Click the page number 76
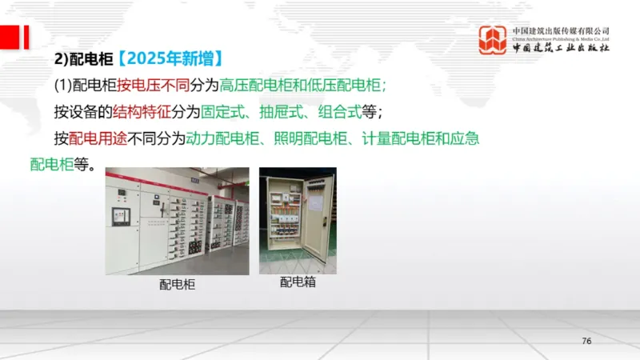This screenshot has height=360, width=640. click(x=586, y=342)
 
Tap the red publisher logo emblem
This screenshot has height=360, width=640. click(x=492, y=40)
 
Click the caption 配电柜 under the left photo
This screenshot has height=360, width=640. click(x=177, y=284)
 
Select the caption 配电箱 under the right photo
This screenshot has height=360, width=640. click(x=298, y=282)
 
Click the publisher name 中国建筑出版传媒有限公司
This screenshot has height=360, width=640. click(x=561, y=30)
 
